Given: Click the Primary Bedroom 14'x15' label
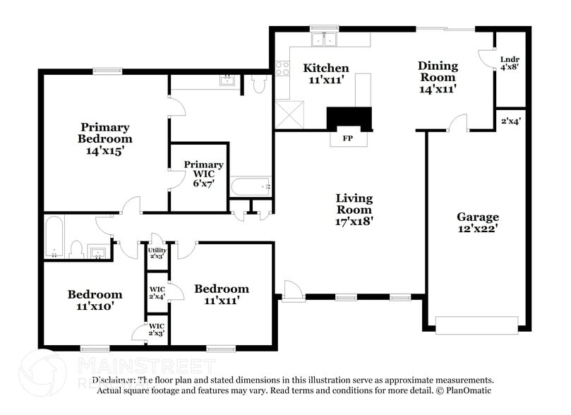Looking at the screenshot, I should click(104, 138).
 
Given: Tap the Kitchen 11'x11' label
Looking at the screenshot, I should click(325, 74).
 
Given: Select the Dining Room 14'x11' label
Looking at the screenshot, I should click(438, 77).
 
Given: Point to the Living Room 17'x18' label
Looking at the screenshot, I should click(354, 210).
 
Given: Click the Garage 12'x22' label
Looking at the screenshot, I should click(477, 223).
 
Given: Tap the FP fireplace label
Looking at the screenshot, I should click(347, 138).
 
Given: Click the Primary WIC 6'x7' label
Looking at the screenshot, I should click(203, 174).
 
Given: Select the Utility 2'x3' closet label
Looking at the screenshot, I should click(157, 253).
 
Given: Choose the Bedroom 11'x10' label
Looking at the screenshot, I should click(95, 300).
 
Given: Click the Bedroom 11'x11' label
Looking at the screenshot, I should click(222, 294).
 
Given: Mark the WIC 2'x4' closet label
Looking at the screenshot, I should click(156, 293).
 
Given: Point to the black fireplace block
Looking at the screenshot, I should click(349, 119).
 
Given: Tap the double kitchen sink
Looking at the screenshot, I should click(325, 40).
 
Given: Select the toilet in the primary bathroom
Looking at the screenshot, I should click(258, 85).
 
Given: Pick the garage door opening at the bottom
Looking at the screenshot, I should click(477, 324).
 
